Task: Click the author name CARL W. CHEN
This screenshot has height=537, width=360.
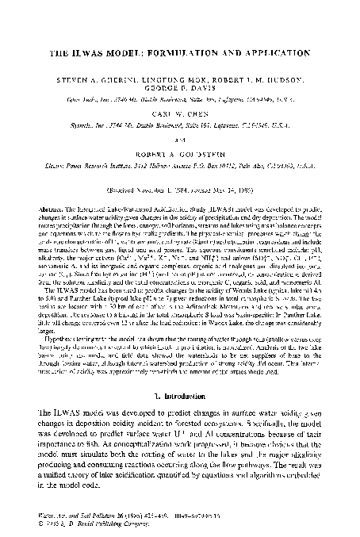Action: coord(180,124)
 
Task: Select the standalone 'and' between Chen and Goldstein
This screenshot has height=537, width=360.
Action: coord(180,145)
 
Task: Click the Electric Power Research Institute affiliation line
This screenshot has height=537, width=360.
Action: coord(180,168)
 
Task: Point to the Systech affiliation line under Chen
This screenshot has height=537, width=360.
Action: coord(180,136)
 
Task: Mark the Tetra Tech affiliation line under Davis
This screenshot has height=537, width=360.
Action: coord(180,103)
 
